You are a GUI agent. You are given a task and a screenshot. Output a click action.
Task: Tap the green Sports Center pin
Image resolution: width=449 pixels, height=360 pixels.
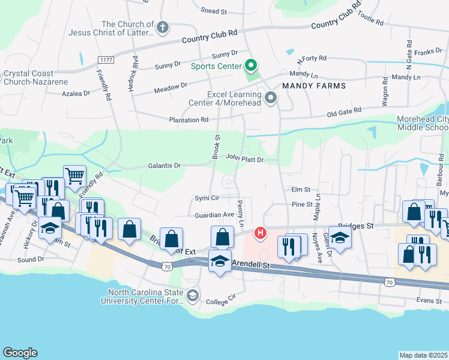click(x=252, y=65)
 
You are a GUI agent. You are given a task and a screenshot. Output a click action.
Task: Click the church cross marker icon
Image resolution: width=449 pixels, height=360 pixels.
click(x=162, y=27)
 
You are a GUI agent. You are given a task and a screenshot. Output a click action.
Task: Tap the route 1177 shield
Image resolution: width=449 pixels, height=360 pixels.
click(x=107, y=59)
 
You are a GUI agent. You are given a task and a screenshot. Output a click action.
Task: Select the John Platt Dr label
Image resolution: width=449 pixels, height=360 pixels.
click(x=245, y=159)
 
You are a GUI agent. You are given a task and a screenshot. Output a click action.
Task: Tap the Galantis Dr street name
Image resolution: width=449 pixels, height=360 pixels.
click(x=164, y=166)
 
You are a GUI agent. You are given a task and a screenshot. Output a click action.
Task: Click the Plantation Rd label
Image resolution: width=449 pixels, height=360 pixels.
click(x=188, y=119)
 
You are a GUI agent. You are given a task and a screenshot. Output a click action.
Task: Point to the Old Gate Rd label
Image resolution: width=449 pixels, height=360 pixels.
click(x=344, y=111)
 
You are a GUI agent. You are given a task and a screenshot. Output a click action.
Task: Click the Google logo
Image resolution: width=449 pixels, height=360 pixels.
click(x=20, y=353)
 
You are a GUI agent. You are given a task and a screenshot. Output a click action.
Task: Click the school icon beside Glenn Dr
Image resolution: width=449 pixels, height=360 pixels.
click(x=340, y=237)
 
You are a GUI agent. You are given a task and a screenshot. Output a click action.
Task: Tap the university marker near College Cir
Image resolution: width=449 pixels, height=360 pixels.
click(x=192, y=295)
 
